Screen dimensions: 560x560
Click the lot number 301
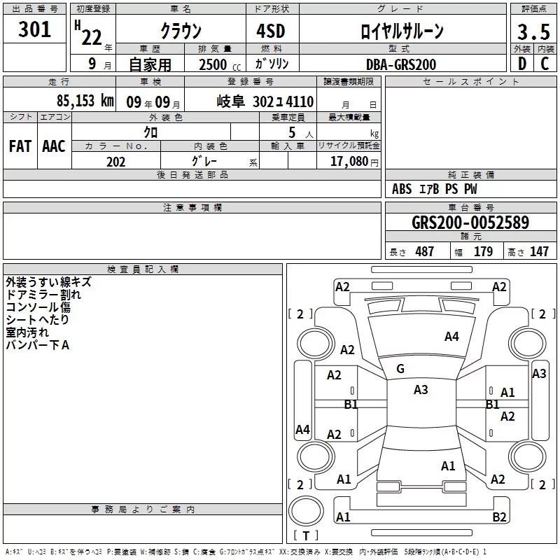(x=35, y=29)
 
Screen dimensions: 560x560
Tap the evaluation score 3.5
(x=533, y=32)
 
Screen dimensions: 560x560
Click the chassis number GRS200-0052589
(x=470, y=223)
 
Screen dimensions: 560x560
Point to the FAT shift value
(x=20, y=146)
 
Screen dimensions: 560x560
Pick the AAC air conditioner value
(x=53, y=146)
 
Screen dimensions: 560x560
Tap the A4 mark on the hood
(x=451, y=337)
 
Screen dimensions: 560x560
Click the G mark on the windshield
(x=400, y=369)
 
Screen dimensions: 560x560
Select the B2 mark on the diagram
(x=499, y=517)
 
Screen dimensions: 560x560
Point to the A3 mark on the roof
(x=421, y=390)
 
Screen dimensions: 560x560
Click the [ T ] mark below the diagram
(x=305, y=535)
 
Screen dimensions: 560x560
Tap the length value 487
(x=424, y=252)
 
